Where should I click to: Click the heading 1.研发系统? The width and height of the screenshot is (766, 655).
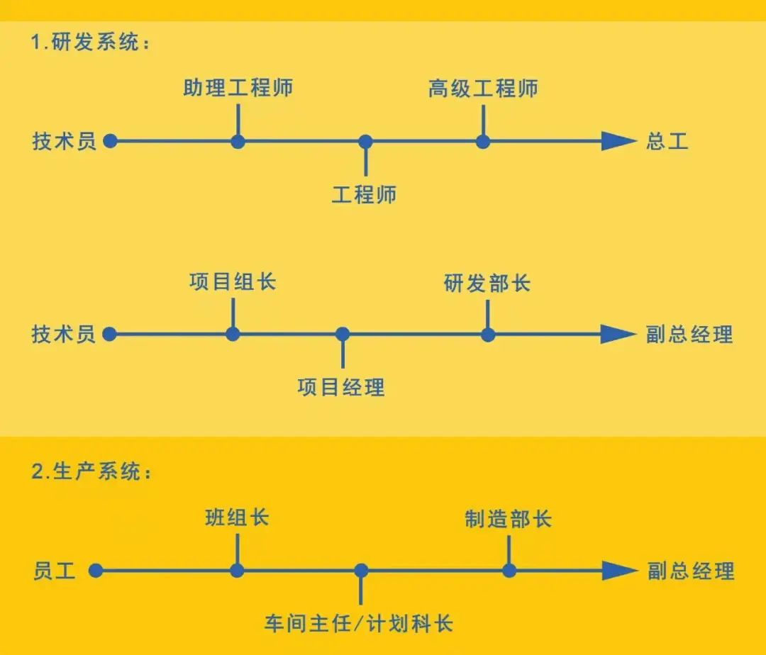(x=91, y=43)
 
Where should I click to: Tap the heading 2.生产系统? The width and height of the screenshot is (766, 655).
(x=91, y=472)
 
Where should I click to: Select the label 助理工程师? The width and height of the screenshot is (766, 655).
(x=238, y=89)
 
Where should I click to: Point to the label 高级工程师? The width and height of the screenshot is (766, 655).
(x=483, y=89)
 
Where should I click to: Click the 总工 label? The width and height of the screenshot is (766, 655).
(x=667, y=141)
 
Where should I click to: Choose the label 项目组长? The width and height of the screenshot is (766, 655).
(x=233, y=282)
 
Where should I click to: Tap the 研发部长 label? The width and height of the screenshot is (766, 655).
(x=487, y=284)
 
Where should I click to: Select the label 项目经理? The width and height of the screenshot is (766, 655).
(x=341, y=387)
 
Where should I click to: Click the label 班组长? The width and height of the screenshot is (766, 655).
(x=237, y=518)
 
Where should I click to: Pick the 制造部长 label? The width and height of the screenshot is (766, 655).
(x=509, y=519)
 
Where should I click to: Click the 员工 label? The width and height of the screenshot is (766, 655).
(x=54, y=571)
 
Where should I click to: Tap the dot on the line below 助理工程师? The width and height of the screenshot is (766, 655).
(x=238, y=141)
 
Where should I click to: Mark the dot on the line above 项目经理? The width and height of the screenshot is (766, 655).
(x=343, y=335)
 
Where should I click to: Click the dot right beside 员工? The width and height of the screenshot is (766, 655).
(x=96, y=571)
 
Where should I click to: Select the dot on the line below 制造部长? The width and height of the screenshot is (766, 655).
(x=509, y=571)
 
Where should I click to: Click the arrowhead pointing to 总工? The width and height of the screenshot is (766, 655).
(x=618, y=141)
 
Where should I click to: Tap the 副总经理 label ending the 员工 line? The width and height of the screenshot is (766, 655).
(x=691, y=571)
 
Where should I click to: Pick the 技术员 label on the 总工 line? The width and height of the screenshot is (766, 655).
(x=64, y=141)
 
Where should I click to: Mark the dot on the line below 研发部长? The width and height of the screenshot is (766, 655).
(x=488, y=335)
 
